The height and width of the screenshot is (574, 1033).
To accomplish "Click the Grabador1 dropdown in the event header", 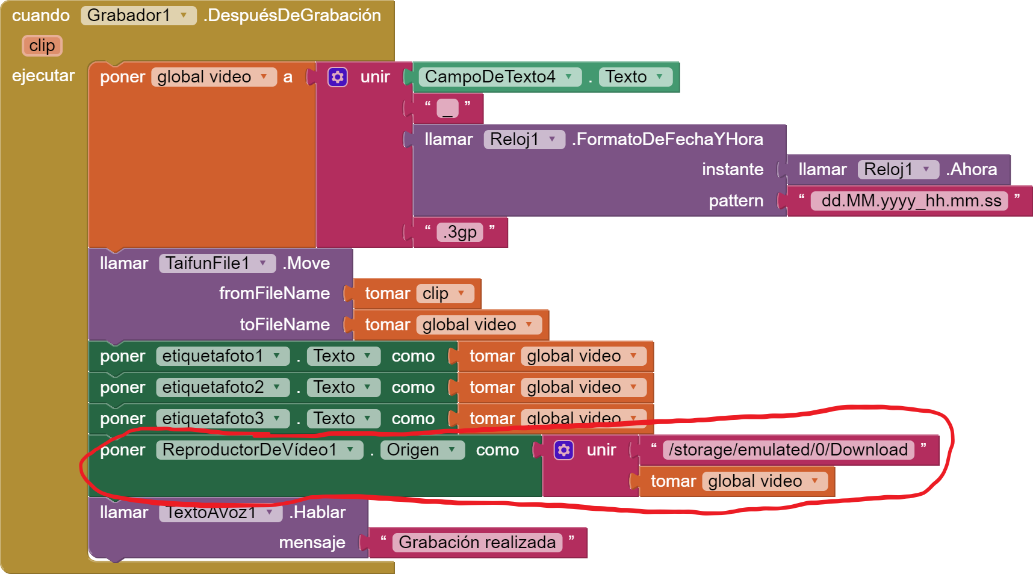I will tap(138, 16).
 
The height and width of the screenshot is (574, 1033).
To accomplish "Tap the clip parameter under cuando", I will tap(42, 46).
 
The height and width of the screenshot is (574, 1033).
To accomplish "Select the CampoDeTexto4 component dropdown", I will tap(499, 77).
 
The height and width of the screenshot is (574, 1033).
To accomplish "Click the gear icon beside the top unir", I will tap(338, 77).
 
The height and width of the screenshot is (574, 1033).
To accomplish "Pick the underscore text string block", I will tap(447, 108).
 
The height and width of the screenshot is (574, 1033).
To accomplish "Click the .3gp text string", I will tap(460, 232).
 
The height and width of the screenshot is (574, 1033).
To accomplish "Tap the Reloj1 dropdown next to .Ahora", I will tap(898, 170).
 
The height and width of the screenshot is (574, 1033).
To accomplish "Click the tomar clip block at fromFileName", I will tap(416, 294).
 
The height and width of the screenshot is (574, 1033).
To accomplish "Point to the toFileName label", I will tap(285, 325).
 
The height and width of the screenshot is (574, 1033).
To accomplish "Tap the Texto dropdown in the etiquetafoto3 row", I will tap(343, 419).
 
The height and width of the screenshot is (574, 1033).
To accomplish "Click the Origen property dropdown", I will tap(422, 450).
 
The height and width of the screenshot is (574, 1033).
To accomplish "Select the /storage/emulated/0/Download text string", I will tap(788, 450).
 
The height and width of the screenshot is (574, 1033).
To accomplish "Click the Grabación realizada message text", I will tap(477, 543).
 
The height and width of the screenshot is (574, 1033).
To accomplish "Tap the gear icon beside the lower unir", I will tap(564, 450).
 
